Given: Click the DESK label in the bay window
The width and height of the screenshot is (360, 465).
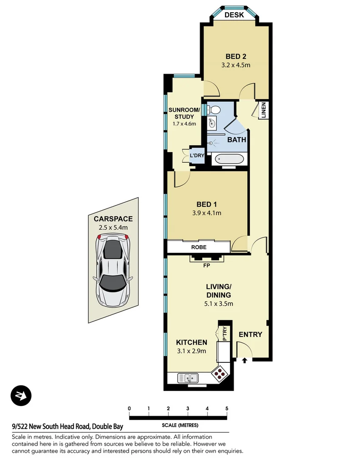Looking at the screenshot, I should point(235,15).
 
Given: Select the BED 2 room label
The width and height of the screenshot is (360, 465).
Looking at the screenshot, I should point(236,56).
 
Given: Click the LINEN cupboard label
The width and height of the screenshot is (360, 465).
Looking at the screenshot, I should point(263,110).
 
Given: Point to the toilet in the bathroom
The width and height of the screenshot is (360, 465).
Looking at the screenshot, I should point(214,109).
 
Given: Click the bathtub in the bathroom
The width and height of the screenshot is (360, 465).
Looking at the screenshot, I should point(230,159).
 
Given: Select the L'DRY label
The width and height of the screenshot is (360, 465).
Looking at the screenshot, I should point(197,156).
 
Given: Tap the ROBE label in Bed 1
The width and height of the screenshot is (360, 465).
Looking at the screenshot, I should point(199,247).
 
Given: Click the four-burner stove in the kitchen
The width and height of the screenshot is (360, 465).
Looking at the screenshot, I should point(220,373).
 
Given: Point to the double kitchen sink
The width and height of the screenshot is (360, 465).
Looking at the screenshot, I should point(188,377).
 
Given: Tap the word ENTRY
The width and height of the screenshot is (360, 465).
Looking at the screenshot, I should point(250,335).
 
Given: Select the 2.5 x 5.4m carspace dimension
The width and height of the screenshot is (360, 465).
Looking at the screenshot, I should point(113,228).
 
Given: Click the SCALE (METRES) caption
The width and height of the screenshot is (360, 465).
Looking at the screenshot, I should point(180,426).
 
